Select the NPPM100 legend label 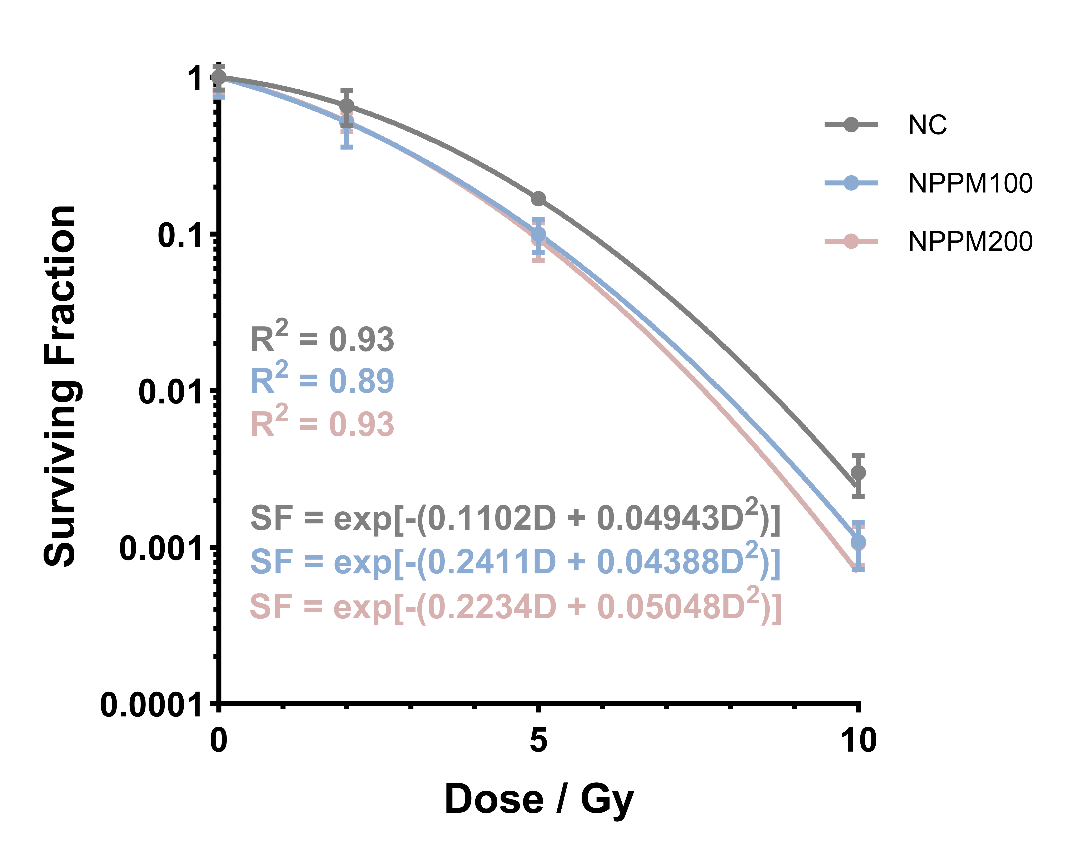pos(970,183)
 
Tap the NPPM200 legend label pos(970,242)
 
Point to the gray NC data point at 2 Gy pos(347,106)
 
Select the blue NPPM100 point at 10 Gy pos(859,541)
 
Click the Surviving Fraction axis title pos(60,386)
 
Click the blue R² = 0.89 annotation pos(322,380)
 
